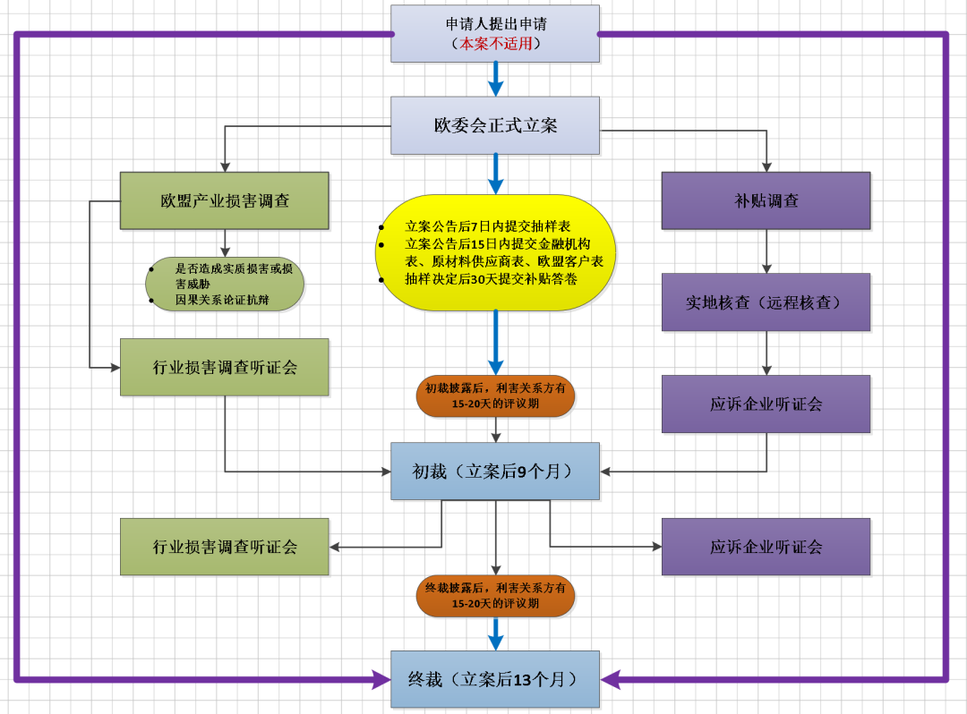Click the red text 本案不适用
click(495, 43)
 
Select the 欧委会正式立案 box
click(495, 125)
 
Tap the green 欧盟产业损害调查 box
click(225, 200)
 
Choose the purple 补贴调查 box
click(766, 200)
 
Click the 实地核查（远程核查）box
click(766, 302)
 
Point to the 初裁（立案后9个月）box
click(495, 471)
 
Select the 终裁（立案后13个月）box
click(495, 679)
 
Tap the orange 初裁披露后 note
click(495, 395)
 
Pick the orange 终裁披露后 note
click(495, 596)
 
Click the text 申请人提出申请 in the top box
click(495, 24)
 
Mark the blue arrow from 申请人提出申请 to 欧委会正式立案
click(495, 80)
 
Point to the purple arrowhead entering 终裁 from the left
click(381, 680)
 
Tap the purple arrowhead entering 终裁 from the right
click(611, 680)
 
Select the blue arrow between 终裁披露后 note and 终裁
click(495, 633)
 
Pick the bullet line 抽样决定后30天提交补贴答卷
click(491, 278)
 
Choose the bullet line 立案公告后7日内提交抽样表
click(487, 226)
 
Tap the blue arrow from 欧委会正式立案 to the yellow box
click(495, 174)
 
